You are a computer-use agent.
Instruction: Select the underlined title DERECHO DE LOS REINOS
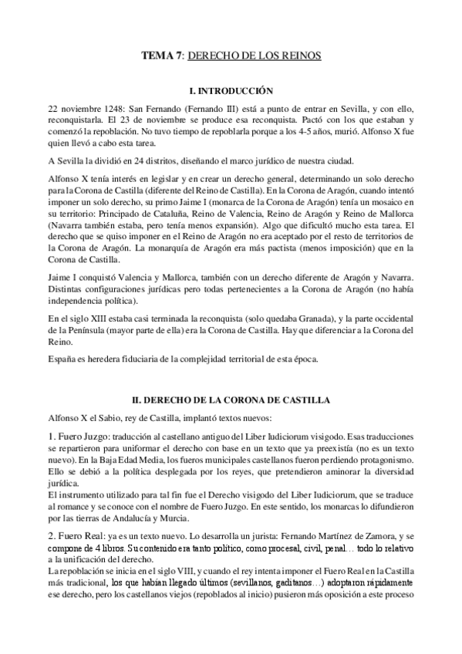(254, 56)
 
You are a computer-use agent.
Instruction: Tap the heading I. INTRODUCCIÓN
(231, 89)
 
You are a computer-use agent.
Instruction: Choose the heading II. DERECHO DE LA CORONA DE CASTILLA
(231, 400)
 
